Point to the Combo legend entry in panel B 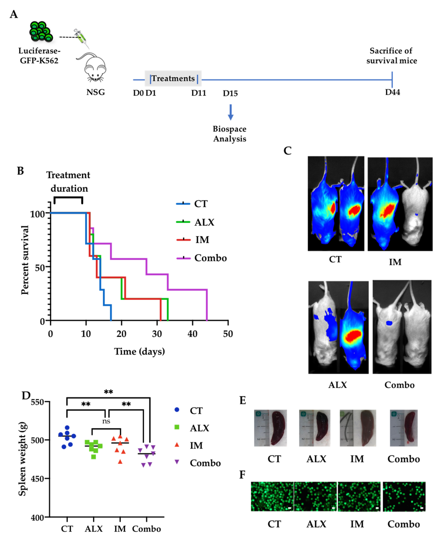tap(202, 258)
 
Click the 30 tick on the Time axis tap(157, 334)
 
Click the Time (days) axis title tap(139, 352)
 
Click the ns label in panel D tap(106, 421)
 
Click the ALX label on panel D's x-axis tap(94, 529)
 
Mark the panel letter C tap(288, 151)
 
